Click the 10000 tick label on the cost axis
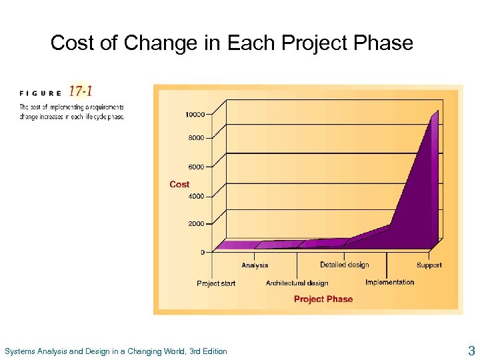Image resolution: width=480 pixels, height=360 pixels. tap(195, 115)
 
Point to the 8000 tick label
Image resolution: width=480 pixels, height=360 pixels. tap(195, 138)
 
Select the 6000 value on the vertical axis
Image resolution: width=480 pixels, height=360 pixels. tap(195, 167)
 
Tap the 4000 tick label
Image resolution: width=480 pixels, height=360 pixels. tap(195, 196)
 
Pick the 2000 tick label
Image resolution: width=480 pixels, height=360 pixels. tap(195, 224)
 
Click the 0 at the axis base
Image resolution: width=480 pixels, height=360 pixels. tap(203, 253)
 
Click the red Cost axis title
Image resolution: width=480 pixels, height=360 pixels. tap(179, 184)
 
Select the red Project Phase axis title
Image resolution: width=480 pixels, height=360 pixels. tap(323, 299)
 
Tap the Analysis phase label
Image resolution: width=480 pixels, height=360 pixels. tap(255, 265)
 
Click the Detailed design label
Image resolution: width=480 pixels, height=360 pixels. tap(344, 265)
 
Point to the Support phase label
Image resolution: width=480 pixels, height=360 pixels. tap(429, 265)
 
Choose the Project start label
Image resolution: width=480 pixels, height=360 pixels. tap(216, 283)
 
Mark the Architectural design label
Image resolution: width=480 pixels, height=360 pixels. tap(297, 283)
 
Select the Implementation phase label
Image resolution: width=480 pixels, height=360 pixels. tap(389, 282)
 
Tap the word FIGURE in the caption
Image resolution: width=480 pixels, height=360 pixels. tap(41, 93)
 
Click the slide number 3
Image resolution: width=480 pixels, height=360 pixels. tap(471, 351)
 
